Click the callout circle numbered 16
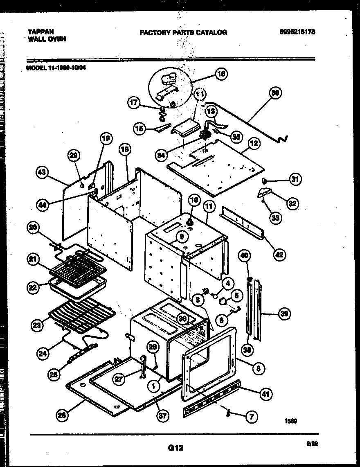(221, 74)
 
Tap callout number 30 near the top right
(275, 93)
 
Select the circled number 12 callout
(254, 144)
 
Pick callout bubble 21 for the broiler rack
(34, 259)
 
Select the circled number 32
(292, 203)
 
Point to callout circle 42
(280, 254)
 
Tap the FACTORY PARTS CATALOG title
(183, 32)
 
